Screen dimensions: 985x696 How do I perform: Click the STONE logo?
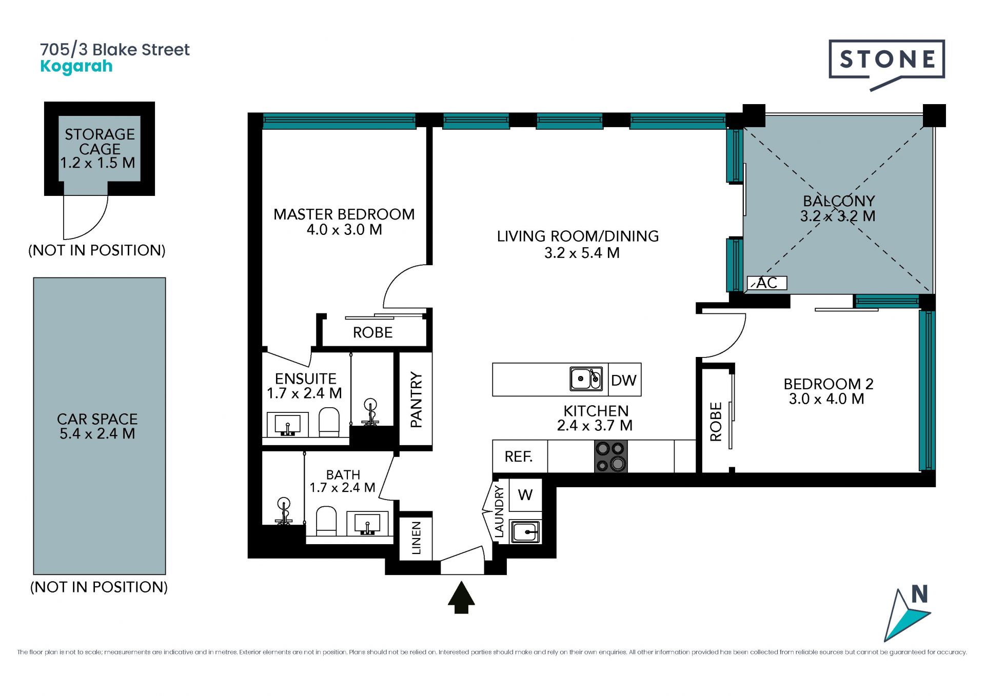887,64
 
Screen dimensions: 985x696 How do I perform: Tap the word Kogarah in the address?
76,67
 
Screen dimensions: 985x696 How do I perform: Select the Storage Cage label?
100,141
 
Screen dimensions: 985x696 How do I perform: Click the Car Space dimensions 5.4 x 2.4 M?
97,434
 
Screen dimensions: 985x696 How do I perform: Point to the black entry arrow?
461,598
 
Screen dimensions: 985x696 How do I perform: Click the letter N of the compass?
919,594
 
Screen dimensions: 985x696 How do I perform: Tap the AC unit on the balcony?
766,283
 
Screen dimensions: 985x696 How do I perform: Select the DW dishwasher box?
624,380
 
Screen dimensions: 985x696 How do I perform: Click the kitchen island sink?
586,379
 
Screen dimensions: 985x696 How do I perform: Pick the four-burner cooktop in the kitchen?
610,456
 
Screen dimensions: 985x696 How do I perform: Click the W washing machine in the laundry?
525,495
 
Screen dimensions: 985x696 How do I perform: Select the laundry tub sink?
525,532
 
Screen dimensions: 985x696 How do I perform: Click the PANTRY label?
416,400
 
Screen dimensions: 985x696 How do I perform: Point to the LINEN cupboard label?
416,538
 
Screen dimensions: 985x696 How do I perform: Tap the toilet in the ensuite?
329,422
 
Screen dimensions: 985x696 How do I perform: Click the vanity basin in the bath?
367,524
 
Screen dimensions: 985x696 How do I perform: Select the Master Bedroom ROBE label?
373,332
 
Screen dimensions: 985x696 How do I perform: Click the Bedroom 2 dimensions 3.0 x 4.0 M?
826,399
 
